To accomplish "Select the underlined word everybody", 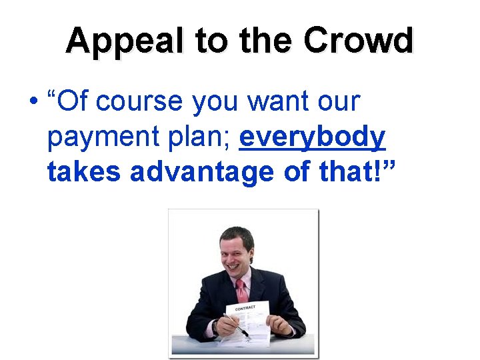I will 312,137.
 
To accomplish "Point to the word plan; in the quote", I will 202,137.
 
